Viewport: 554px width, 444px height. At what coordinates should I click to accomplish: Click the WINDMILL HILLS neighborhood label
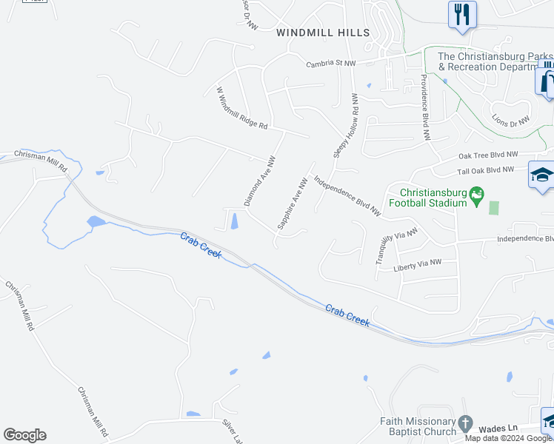click(x=322, y=33)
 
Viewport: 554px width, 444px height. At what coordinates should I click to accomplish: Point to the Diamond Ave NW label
click(x=260, y=181)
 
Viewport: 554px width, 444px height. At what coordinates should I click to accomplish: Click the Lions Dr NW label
click(x=511, y=118)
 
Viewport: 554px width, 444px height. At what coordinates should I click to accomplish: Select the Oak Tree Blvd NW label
click(x=486, y=155)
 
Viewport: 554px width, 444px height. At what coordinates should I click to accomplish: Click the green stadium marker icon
click(x=476, y=195)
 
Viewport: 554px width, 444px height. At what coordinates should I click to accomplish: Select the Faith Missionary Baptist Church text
click(x=418, y=427)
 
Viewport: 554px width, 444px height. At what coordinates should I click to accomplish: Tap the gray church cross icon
click(x=464, y=424)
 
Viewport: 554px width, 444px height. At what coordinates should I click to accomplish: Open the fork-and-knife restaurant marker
click(x=462, y=14)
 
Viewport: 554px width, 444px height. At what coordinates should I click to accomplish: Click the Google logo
click(x=24, y=435)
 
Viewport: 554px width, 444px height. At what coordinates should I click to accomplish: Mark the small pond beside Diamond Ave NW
click(x=235, y=220)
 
